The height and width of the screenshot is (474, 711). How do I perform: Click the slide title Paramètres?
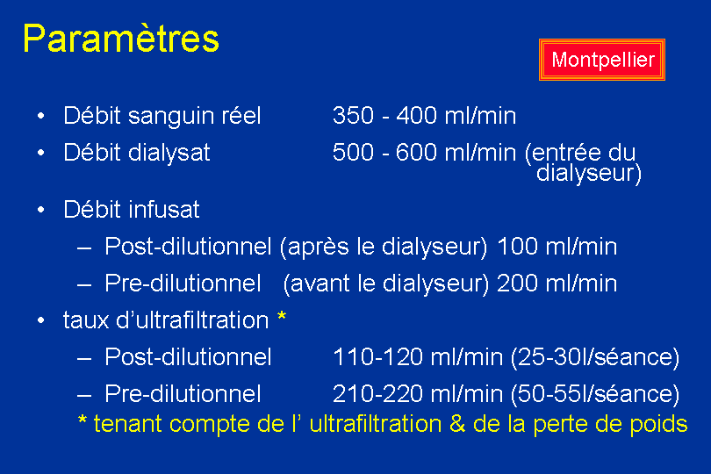(121, 39)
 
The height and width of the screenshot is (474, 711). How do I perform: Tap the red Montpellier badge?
(602, 60)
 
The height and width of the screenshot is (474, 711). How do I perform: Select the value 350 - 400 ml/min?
(425, 116)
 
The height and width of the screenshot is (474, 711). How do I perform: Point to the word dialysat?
(169, 153)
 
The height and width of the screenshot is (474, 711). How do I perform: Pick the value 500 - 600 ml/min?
(425, 153)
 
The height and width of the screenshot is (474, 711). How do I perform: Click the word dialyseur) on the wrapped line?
(589, 173)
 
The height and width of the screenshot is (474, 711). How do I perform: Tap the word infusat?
(163, 210)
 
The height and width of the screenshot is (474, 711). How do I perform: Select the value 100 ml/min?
(557, 248)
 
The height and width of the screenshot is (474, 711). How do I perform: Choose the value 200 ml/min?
(557, 284)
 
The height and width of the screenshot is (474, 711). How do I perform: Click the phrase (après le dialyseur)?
(384, 248)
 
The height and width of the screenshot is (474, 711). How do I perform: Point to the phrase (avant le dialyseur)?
(386, 284)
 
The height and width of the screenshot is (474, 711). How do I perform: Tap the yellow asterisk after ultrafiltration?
(282, 316)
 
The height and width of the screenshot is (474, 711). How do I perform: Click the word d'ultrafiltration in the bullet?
(193, 320)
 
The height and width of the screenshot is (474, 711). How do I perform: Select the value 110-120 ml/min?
(418, 357)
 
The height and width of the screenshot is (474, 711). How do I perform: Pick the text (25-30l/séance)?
(595, 358)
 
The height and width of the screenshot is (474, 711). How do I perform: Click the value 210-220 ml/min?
(418, 394)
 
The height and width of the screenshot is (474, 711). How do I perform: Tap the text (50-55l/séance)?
(595, 395)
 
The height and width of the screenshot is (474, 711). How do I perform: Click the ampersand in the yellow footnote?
(457, 425)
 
